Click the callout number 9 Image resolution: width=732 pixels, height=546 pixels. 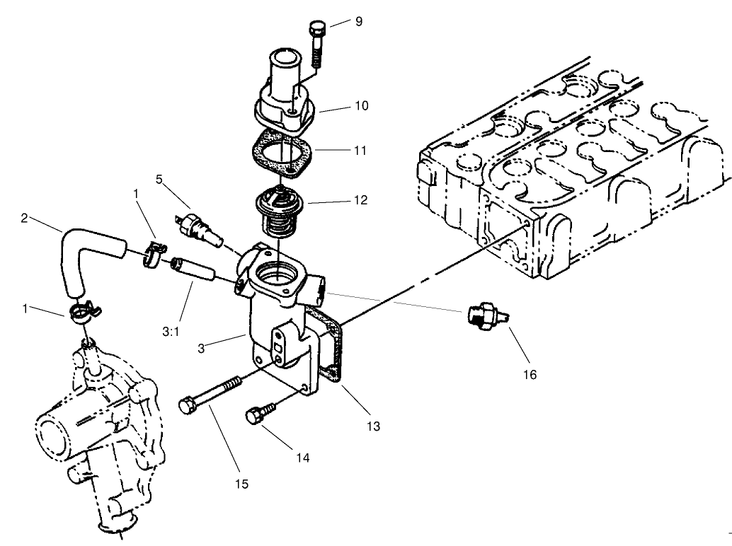[358, 22]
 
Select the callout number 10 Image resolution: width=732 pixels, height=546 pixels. [361, 105]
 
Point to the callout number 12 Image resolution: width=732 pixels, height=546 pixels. [361, 200]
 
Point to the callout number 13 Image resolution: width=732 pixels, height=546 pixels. [373, 426]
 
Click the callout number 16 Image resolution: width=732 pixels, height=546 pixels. [530, 374]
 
